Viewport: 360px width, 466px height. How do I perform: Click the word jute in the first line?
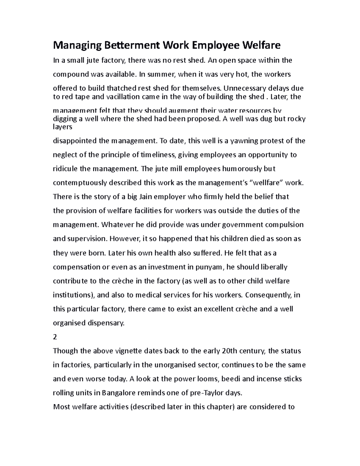click(93, 61)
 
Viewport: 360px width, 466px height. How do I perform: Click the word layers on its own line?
click(62, 127)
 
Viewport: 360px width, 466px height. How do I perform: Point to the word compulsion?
click(284, 225)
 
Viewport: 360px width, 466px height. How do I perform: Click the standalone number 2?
click(55, 337)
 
